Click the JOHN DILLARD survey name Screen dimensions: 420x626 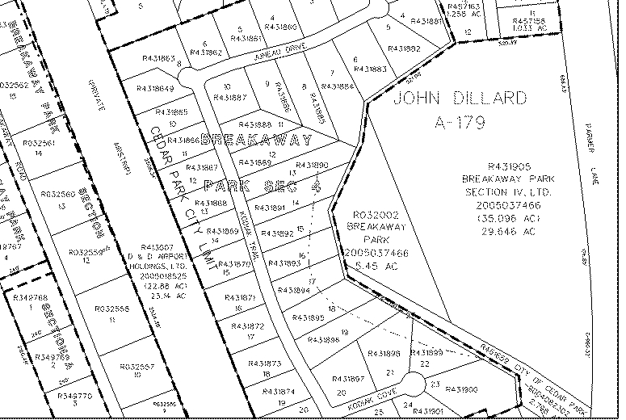[460, 99]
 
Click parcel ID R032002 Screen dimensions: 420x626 [373, 215]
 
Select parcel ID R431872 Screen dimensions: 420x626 [248, 326]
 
